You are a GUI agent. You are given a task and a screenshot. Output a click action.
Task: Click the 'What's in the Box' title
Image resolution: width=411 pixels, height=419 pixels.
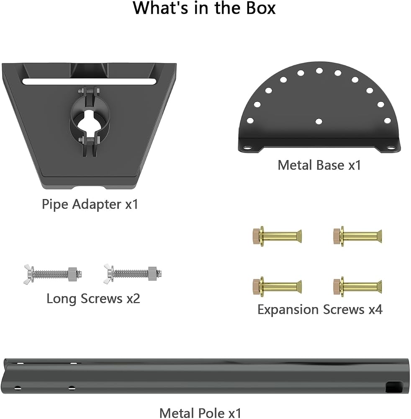pos(204,8)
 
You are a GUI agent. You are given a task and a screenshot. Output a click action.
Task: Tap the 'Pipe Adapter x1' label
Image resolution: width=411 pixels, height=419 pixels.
pos(90,204)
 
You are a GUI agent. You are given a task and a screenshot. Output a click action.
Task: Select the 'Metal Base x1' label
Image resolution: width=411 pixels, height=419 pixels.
pos(319,165)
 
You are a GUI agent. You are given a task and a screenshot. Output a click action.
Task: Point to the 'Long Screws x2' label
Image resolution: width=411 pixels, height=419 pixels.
pos(93,298)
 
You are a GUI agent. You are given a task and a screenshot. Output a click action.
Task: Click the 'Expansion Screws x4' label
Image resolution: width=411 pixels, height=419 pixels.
pos(320,310)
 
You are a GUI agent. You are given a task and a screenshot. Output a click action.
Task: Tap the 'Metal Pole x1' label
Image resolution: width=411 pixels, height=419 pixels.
pos(200,413)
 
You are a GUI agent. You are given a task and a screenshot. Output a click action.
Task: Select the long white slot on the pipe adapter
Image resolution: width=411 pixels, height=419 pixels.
pos(89,82)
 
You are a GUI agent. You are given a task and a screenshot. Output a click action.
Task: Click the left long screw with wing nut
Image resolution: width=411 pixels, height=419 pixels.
pos(53,274)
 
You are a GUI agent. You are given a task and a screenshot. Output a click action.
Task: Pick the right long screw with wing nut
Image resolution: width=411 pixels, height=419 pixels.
pos(133,274)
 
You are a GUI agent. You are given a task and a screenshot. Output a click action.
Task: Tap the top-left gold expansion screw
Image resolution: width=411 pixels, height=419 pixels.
pos(277,236)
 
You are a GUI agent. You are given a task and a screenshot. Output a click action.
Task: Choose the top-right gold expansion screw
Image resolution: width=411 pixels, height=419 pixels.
pos(357,236)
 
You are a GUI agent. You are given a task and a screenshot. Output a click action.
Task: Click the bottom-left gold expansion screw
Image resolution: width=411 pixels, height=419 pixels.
pos(277,287)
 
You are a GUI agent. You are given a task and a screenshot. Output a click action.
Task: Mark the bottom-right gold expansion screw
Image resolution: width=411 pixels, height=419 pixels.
pos(357,287)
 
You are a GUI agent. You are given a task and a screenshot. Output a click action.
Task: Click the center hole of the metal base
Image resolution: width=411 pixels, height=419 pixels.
pos(319,122)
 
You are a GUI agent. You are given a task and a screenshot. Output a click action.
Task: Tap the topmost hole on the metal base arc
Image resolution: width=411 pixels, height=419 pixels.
pos(319,71)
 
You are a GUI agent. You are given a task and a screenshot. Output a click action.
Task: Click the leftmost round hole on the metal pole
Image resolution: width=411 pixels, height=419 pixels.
pos(18,388)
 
